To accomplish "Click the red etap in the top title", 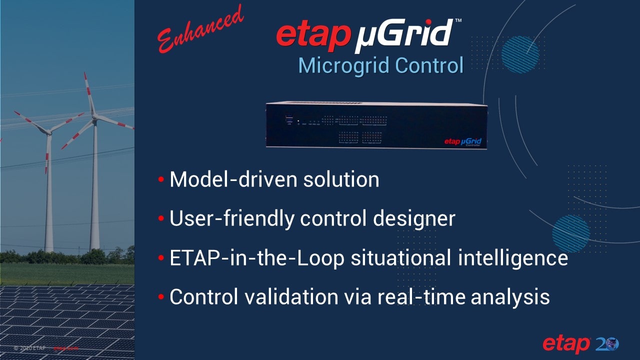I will pos(312,33).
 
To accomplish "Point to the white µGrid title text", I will pos(404,35).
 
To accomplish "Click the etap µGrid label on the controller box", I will pos(463,142).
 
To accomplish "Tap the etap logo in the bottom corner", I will pos(566,344).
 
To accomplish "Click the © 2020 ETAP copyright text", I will pos(30,347).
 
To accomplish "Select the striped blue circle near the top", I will pos(520,54).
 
